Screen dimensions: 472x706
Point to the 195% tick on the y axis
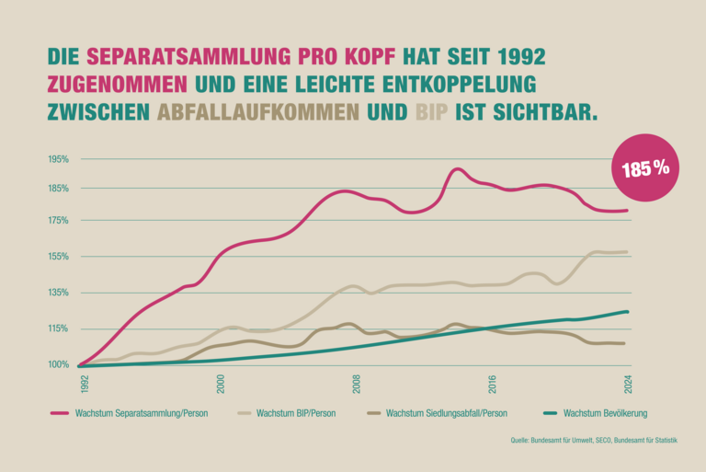point(59,159)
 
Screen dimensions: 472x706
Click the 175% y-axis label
point(59,221)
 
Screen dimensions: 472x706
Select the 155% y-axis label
point(59,257)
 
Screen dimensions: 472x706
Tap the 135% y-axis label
point(59,293)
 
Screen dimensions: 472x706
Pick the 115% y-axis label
point(59,328)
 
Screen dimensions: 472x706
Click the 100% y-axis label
point(59,365)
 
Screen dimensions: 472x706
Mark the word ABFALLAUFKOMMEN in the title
point(258,113)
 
